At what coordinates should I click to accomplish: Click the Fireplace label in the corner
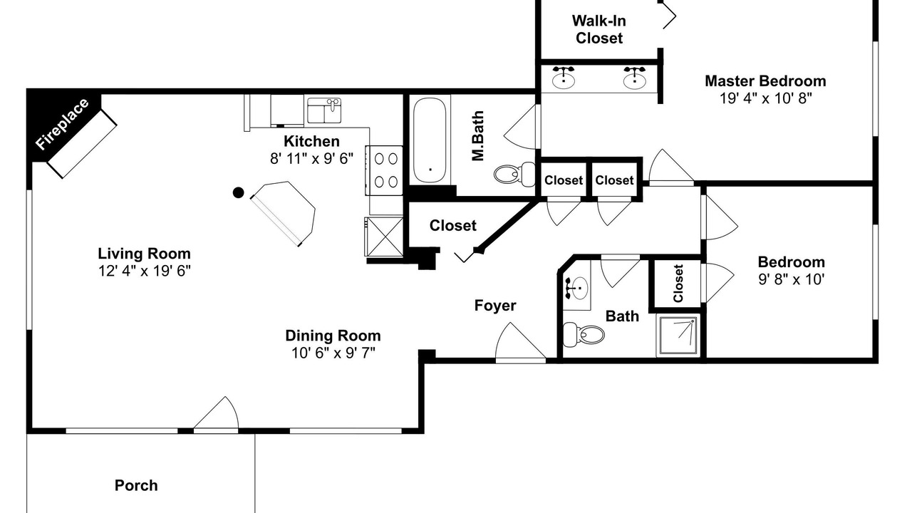[x=62, y=124]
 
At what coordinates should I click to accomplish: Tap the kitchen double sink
[x=324, y=110]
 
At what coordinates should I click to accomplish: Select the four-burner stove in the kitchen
[x=384, y=170]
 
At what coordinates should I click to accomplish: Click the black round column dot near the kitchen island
[x=238, y=192]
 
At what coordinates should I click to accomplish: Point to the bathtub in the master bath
[x=430, y=140]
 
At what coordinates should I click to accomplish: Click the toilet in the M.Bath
[x=514, y=175]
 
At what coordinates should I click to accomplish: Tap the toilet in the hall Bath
[x=583, y=334]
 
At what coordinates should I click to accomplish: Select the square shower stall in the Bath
[x=678, y=336]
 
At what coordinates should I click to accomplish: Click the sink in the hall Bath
[x=576, y=288]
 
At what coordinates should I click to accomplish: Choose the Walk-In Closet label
[x=599, y=29]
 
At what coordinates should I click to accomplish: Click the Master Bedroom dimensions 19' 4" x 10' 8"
[x=765, y=98]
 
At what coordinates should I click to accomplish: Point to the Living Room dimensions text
[x=144, y=271]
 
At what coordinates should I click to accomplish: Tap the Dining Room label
[x=333, y=336]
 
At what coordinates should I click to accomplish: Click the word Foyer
[x=495, y=306]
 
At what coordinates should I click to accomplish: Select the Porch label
[x=136, y=485]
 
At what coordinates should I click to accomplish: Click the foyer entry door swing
[x=520, y=341]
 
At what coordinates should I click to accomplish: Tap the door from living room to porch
[x=216, y=413]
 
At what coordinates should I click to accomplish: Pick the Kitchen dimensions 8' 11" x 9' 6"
[x=311, y=158]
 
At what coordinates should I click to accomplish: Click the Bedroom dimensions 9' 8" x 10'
[x=791, y=279]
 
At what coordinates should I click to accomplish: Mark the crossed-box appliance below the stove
[x=383, y=237]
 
